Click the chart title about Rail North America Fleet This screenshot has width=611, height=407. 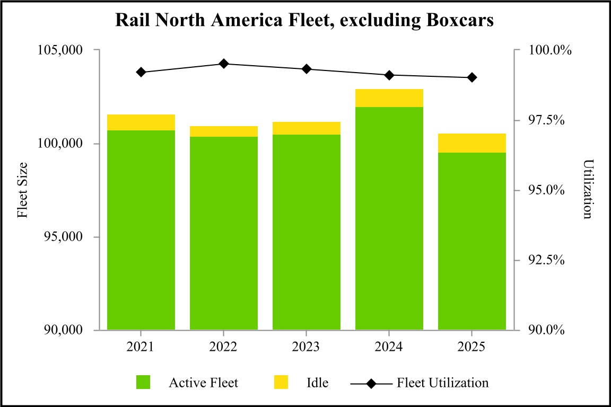pos(305,21)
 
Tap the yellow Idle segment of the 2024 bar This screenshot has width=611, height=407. pos(389,98)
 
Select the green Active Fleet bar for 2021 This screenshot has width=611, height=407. pos(141,230)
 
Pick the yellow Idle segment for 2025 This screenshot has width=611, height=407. pos(472,143)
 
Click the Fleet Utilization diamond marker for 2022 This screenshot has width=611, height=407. pos(224,64)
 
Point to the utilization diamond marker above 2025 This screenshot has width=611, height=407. pos(472,77)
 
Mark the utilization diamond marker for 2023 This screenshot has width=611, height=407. pos(307,69)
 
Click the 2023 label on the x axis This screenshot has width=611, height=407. pos(306,347)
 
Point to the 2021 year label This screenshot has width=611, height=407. pos(141,347)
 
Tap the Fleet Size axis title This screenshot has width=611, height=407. pos(22,190)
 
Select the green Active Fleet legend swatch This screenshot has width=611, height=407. pos(143,382)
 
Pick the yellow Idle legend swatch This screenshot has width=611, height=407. pos(281,382)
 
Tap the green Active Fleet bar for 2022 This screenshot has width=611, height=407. pos(224,233)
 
